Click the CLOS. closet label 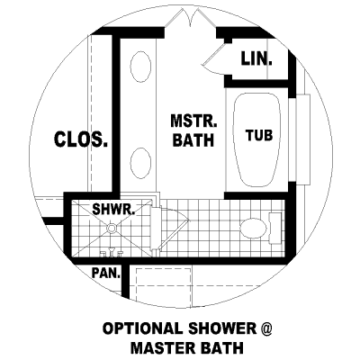pyautogui.click(x=81, y=139)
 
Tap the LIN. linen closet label pyautogui.click(x=256, y=58)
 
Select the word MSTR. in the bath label pyautogui.click(x=193, y=121)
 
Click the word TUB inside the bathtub pyautogui.click(x=259, y=135)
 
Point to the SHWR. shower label pyautogui.click(x=113, y=209)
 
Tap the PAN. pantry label pyautogui.click(x=106, y=274)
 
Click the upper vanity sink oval pyautogui.click(x=140, y=67)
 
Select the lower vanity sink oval pyautogui.click(x=140, y=164)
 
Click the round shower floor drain pyautogui.click(x=112, y=229)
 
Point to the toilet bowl pyautogui.click(x=254, y=229)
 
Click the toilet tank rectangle pyautogui.click(x=275, y=228)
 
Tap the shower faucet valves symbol pyautogui.click(x=112, y=253)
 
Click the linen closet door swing pyautogui.click(x=213, y=58)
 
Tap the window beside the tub pyautogui.click(x=303, y=139)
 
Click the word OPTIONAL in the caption pyautogui.click(x=142, y=328)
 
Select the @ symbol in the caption pyautogui.click(x=265, y=328)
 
